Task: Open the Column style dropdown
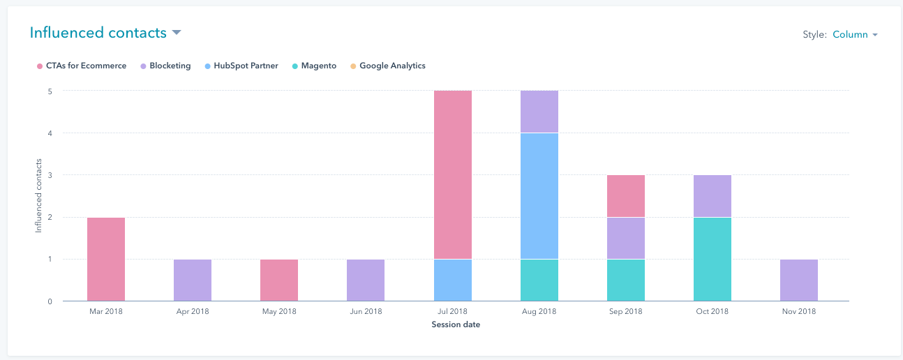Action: pos(855,35)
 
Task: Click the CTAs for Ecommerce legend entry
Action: pos(82,66)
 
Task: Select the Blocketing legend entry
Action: pos(165,66)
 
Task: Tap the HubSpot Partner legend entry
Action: pos(242,66)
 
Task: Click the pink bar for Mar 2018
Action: pos(106,260)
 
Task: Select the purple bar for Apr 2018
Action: pos(193,280)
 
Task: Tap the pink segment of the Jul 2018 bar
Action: pos(453,174)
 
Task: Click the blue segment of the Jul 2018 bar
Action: pos(453,280)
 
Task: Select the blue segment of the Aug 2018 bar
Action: pos(539,196)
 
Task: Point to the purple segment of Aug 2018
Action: pos(539,112)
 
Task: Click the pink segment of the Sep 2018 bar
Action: pos(626,196)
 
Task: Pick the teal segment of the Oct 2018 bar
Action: pos(712,260)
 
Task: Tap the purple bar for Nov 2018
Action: pos(799,280)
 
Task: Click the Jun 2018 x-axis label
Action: pos(366,312)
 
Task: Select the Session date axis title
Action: pos(456,325)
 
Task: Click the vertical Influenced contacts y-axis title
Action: pos(39,196)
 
